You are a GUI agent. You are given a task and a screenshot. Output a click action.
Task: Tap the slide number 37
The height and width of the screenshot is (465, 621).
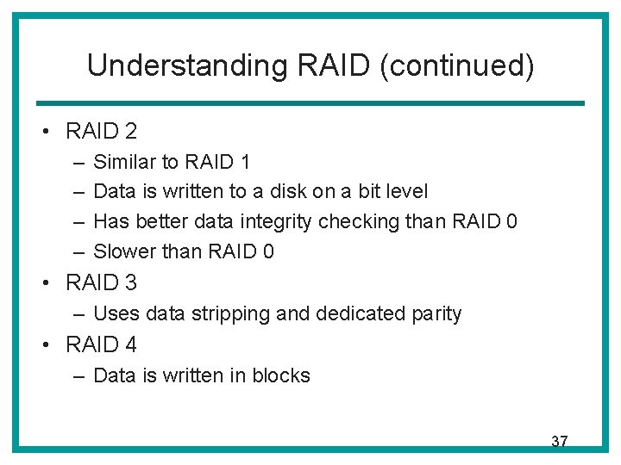pyautogui.click(x=559, y=442)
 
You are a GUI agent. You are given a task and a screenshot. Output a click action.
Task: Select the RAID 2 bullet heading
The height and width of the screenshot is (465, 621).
pyautogui.click(x=101, y=131)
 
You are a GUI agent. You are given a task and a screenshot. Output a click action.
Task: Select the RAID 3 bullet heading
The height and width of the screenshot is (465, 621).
pyautogui.click(x=101, y=282)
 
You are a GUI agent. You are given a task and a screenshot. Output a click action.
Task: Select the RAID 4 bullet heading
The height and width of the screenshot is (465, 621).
pyautogui.click(x=101, y=344)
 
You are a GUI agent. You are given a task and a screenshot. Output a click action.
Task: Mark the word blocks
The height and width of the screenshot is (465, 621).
pyautogui.click(x=281, y=375)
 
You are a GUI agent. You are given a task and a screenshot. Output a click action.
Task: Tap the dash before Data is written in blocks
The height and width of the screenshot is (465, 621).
pyautogui.click(x=78, y=375)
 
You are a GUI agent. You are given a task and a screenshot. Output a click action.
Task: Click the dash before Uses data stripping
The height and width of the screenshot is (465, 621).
pyautogui.click(x=78, y=313)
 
